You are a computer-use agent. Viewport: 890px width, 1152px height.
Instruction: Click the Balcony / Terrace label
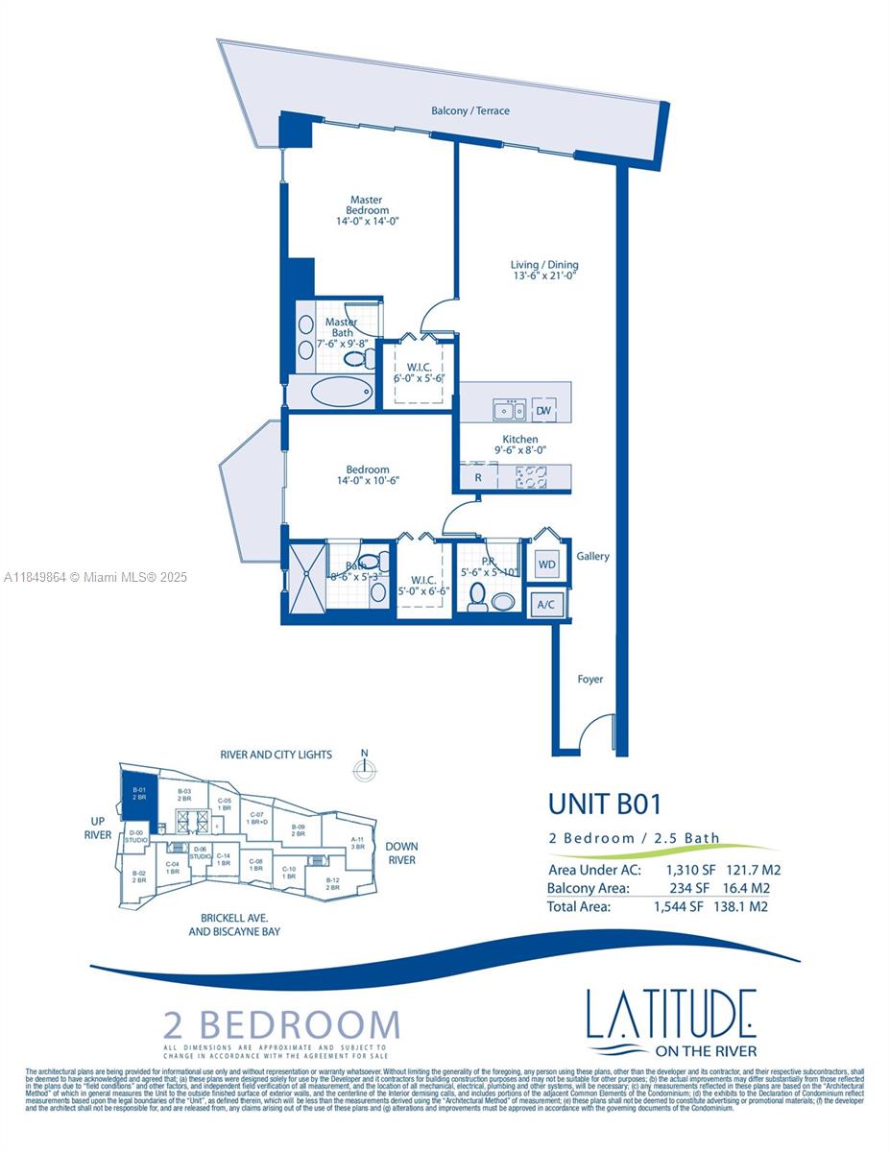[469, 111]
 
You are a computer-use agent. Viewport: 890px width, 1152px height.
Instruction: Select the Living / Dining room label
[544, 265]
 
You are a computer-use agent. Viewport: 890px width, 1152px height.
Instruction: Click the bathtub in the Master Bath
[343, 392]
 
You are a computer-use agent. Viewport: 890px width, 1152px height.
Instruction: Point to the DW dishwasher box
[542, 411]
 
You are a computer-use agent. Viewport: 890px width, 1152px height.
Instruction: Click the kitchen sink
[508, 411]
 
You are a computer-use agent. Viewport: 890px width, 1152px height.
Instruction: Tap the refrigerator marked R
[477, 476]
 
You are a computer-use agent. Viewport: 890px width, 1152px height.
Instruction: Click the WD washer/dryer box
[546, 564]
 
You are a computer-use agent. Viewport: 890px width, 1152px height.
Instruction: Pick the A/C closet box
[546, 605]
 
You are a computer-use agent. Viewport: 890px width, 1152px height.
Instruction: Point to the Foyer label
[590, 680]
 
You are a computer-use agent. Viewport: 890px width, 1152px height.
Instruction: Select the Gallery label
[592, 556]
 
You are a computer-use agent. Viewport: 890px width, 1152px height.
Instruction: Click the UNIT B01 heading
[605, 803]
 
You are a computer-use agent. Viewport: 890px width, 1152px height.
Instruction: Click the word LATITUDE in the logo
[671, 1014]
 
